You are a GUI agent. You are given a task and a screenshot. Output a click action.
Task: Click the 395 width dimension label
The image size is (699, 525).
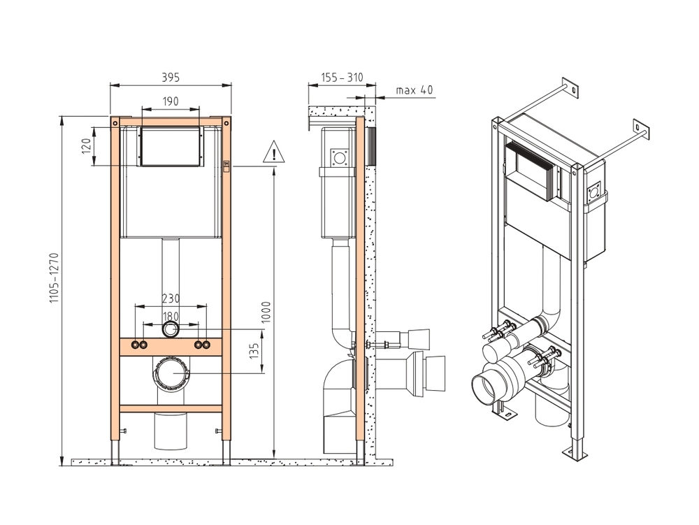point(171,77)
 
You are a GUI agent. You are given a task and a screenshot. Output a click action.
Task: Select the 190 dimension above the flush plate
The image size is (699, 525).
point(171,101)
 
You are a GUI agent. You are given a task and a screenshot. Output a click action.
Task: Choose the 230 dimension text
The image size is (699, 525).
point(171,298)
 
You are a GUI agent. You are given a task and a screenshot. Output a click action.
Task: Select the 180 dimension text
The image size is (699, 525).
point(171,317)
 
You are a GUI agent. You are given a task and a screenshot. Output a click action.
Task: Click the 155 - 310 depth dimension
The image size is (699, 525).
point(342,78)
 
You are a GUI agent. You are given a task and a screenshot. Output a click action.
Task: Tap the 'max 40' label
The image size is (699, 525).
point(414,90)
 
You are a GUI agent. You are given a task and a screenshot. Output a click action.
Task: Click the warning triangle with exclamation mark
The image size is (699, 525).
point(274,152)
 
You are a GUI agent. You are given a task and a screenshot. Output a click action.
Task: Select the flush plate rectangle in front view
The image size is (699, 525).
point(171,147)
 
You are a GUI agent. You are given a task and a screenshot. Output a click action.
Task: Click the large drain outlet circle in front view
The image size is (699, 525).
point(171,375)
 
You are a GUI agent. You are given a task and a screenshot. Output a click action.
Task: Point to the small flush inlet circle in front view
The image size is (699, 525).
point(171,330)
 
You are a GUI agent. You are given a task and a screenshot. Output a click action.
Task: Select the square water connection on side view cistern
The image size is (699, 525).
point(341,157)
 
